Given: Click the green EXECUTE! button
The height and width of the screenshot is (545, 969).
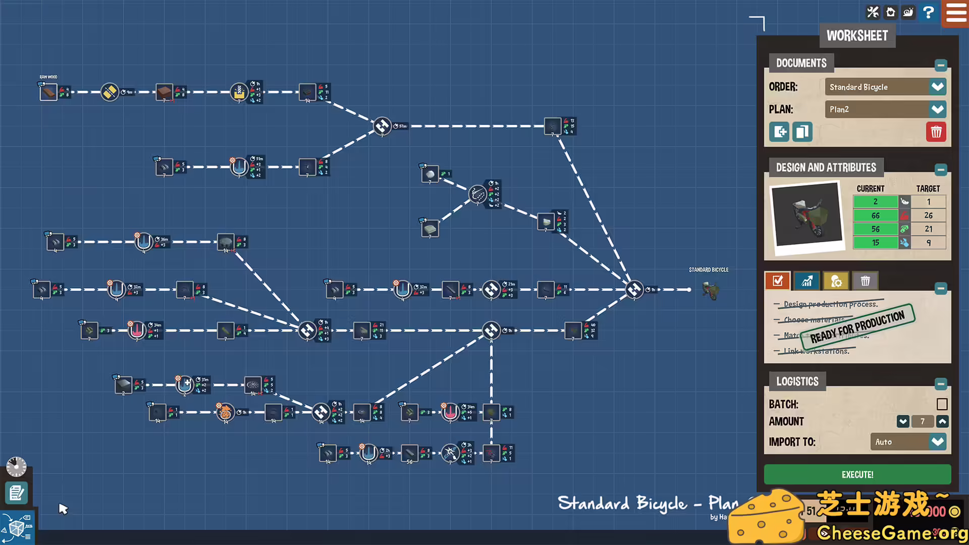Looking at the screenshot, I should pos(857,474).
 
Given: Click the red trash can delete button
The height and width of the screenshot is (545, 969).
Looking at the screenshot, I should pos(936,132).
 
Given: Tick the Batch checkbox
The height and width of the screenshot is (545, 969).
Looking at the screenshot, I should pos(942,404).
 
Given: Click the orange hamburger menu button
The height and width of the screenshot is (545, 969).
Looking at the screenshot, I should pos(955,13).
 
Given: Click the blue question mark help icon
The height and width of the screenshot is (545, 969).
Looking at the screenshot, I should pos(928,12).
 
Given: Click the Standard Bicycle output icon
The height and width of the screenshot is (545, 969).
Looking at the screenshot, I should pos(711,290).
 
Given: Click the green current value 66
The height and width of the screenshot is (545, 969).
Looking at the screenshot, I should pos(875,215).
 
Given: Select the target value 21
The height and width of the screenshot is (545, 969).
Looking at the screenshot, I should pos(928,229).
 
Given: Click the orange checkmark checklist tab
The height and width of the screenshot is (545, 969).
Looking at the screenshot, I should pos(777,281).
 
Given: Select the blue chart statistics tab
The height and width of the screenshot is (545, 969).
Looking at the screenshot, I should pos(806,281).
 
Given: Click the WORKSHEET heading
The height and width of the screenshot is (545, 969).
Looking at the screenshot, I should pos(857,36).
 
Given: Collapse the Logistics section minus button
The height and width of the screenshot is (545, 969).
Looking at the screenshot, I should pos(940,384).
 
